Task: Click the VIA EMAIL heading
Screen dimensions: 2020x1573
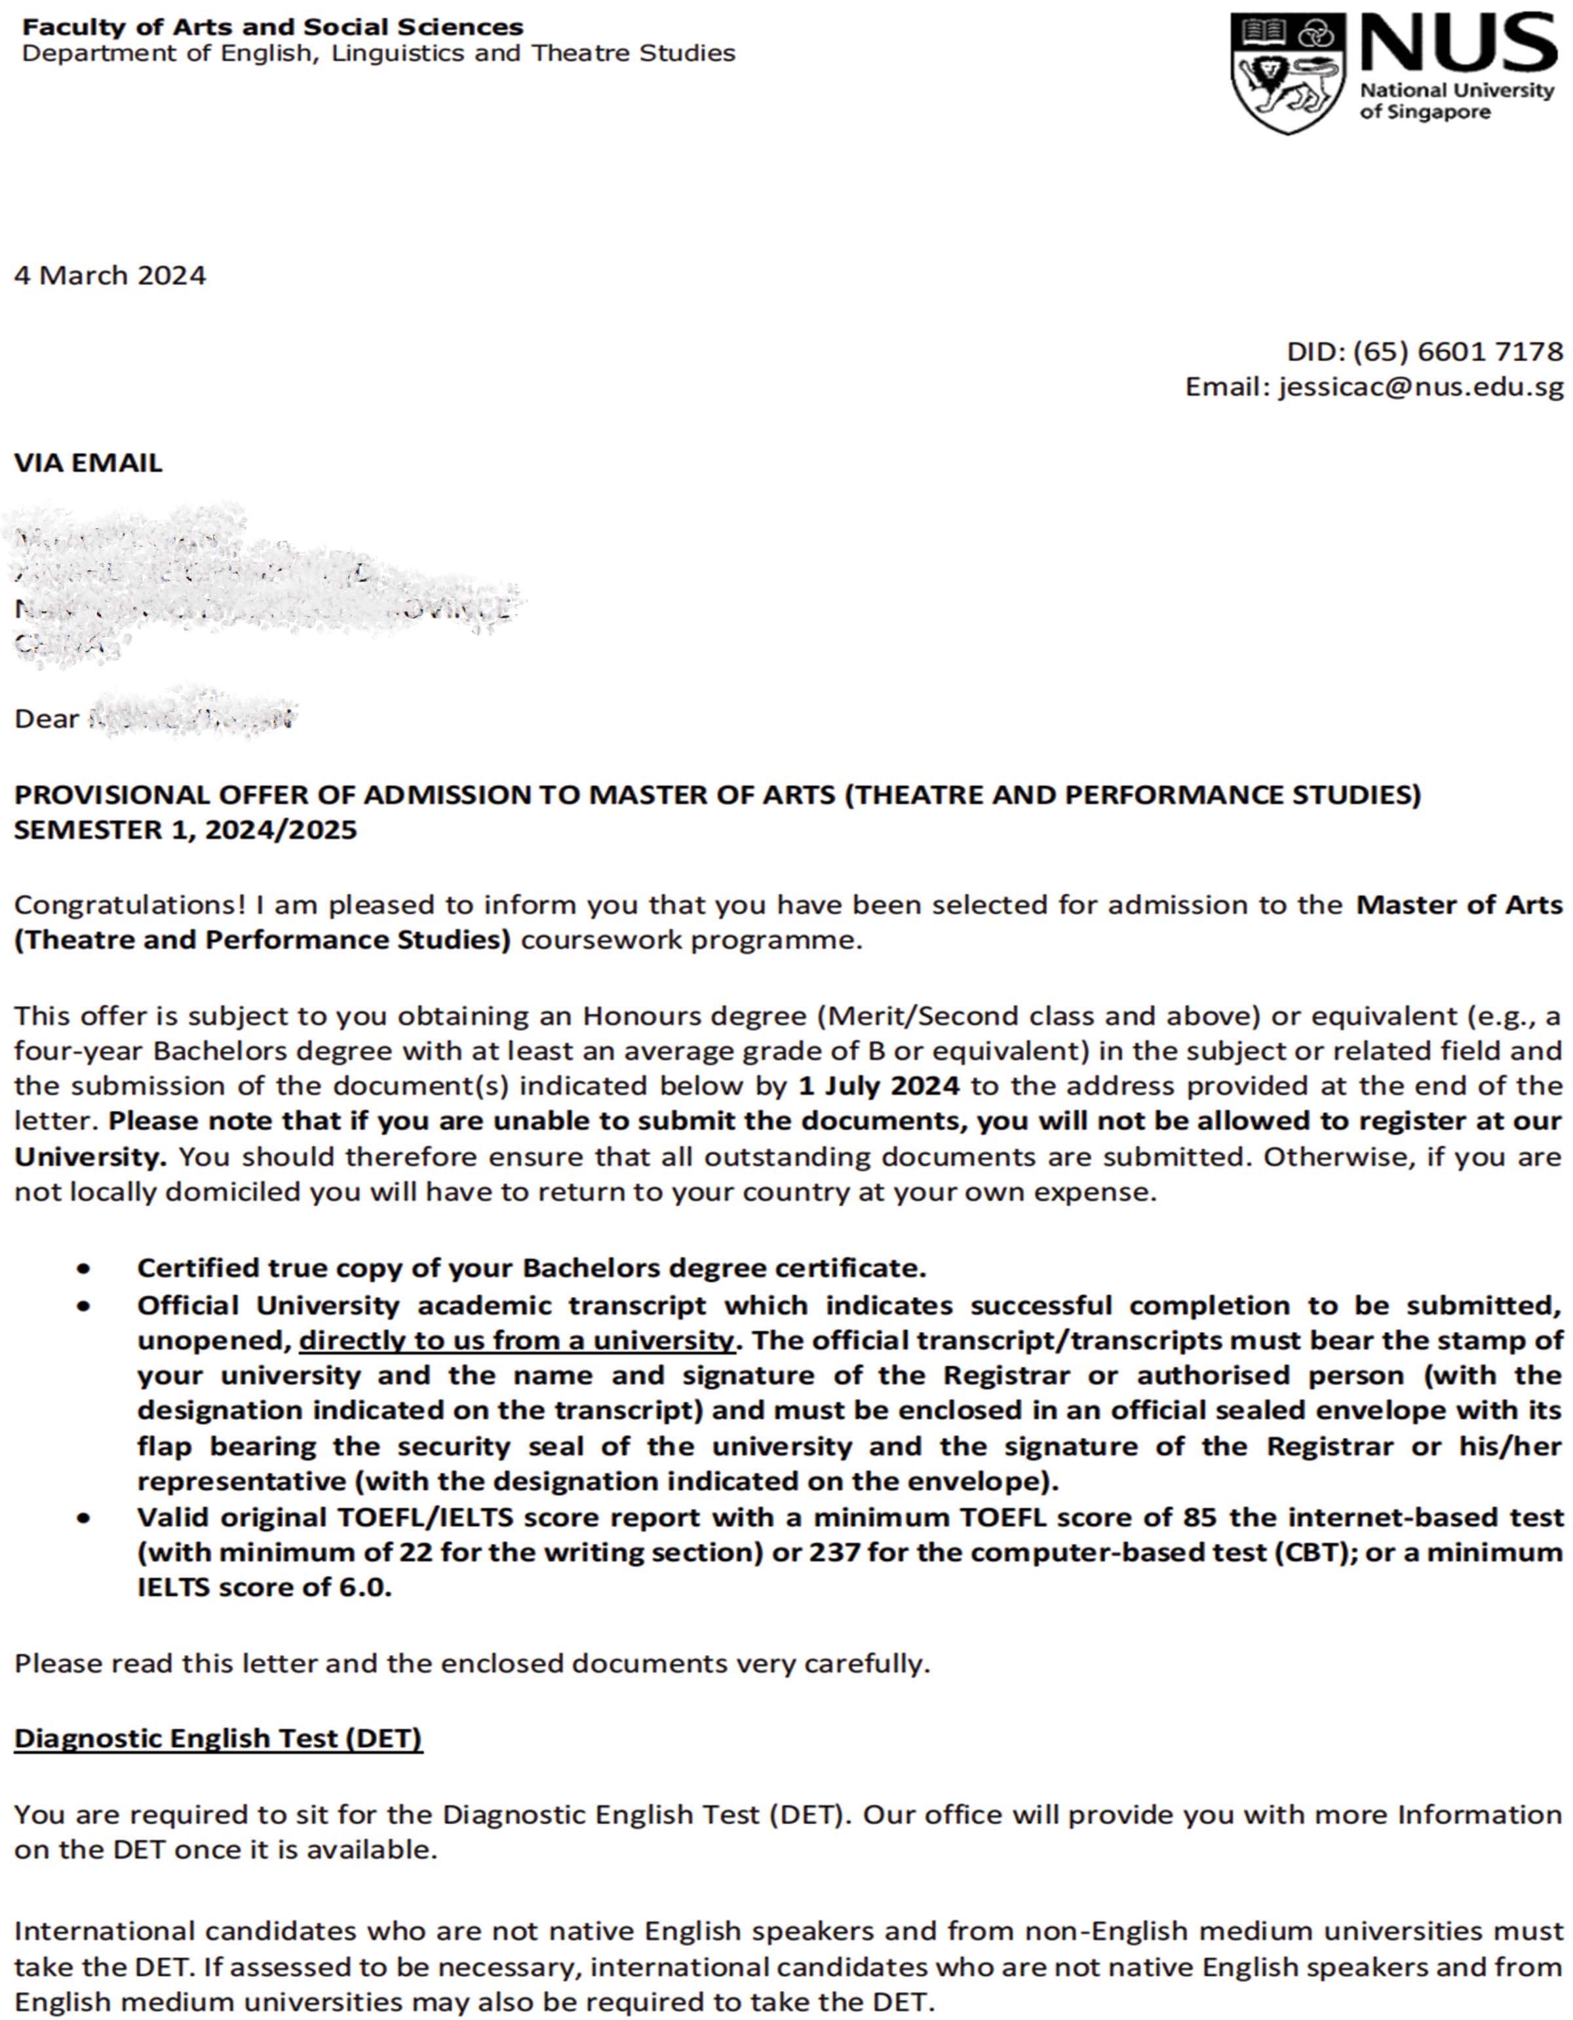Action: click(x=88, y=463)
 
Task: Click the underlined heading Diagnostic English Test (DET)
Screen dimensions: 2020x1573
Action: click(x=218, y=1739)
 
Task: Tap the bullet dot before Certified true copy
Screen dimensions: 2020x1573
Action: click(x=84, y=1268)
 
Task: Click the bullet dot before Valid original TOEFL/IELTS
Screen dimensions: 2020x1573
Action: click(x=84, y=1518)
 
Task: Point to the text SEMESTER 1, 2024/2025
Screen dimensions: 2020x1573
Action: click(x=185, y=830)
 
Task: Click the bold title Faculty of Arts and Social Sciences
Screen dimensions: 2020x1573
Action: click(x=273, y=27)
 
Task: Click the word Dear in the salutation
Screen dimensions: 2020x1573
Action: click(x=47, y=718)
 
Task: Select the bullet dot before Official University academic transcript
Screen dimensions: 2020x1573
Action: click(x=84, y=1307)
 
